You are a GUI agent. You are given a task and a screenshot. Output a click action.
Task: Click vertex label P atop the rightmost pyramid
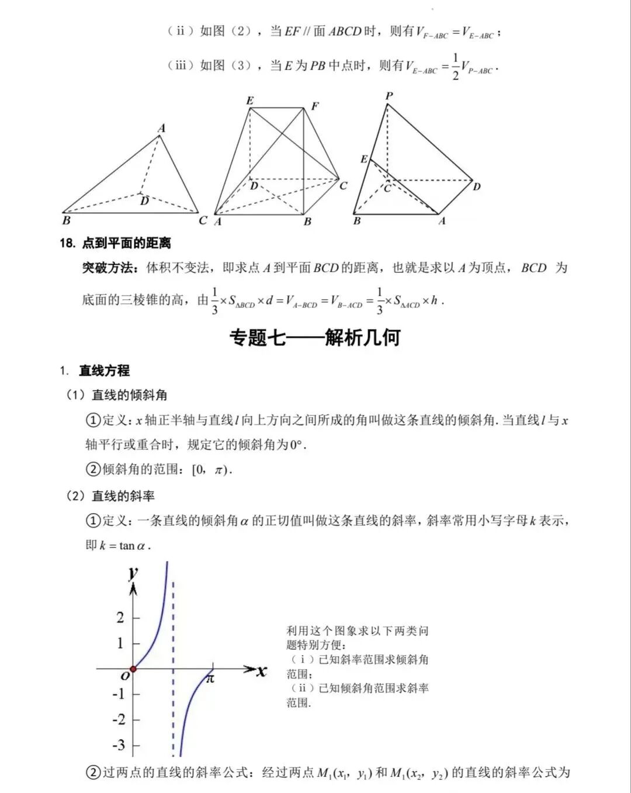[389, 96]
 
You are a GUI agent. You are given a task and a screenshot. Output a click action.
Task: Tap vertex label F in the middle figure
[315, 106]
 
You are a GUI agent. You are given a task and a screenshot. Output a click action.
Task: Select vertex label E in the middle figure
[250, 101]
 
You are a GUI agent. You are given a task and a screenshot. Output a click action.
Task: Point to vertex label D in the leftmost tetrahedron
[144, 201]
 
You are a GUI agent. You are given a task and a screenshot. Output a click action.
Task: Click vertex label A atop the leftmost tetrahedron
[162, 128]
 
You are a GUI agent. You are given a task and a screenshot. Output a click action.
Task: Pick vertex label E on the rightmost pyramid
[364, 159]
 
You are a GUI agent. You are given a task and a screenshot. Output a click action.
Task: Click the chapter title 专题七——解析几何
[315, 337]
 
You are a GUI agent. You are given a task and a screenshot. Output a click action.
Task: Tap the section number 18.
[67, 243]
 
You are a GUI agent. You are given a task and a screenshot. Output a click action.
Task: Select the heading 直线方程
[105, 370]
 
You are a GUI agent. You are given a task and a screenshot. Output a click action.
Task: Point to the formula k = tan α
[124, 546]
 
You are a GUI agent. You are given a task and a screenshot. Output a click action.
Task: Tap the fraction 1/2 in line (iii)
[456, 67]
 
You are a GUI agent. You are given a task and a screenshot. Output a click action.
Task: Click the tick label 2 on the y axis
[120, 617]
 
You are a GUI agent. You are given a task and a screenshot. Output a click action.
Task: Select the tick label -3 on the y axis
[119, 745]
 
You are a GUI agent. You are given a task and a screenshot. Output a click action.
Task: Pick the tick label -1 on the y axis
[119, 694]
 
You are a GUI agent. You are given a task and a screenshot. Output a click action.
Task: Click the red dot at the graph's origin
[133, 669]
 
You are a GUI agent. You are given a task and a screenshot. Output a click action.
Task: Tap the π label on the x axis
[210, 678]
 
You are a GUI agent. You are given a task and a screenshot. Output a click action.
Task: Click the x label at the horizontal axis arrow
[261, 671]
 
